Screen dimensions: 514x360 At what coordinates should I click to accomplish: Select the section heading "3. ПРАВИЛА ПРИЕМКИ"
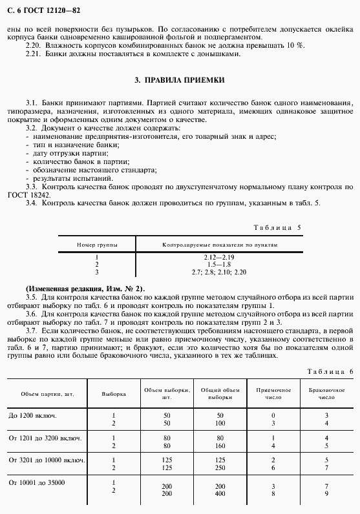[x=180, y=81]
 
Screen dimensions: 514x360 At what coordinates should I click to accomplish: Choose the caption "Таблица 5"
[x=276, y=228]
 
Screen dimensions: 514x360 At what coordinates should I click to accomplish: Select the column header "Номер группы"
[x=96, y=246]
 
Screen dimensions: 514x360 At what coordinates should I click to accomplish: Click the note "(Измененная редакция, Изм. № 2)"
[x=85, y=288]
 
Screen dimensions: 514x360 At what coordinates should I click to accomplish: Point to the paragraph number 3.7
[x=32, y=330]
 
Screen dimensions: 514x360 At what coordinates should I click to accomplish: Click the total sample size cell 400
[x=220, y=493]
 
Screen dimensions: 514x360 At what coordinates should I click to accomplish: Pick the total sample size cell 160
[x=220, y=446]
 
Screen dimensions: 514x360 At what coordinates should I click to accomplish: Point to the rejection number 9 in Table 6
[x=326, y=493]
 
